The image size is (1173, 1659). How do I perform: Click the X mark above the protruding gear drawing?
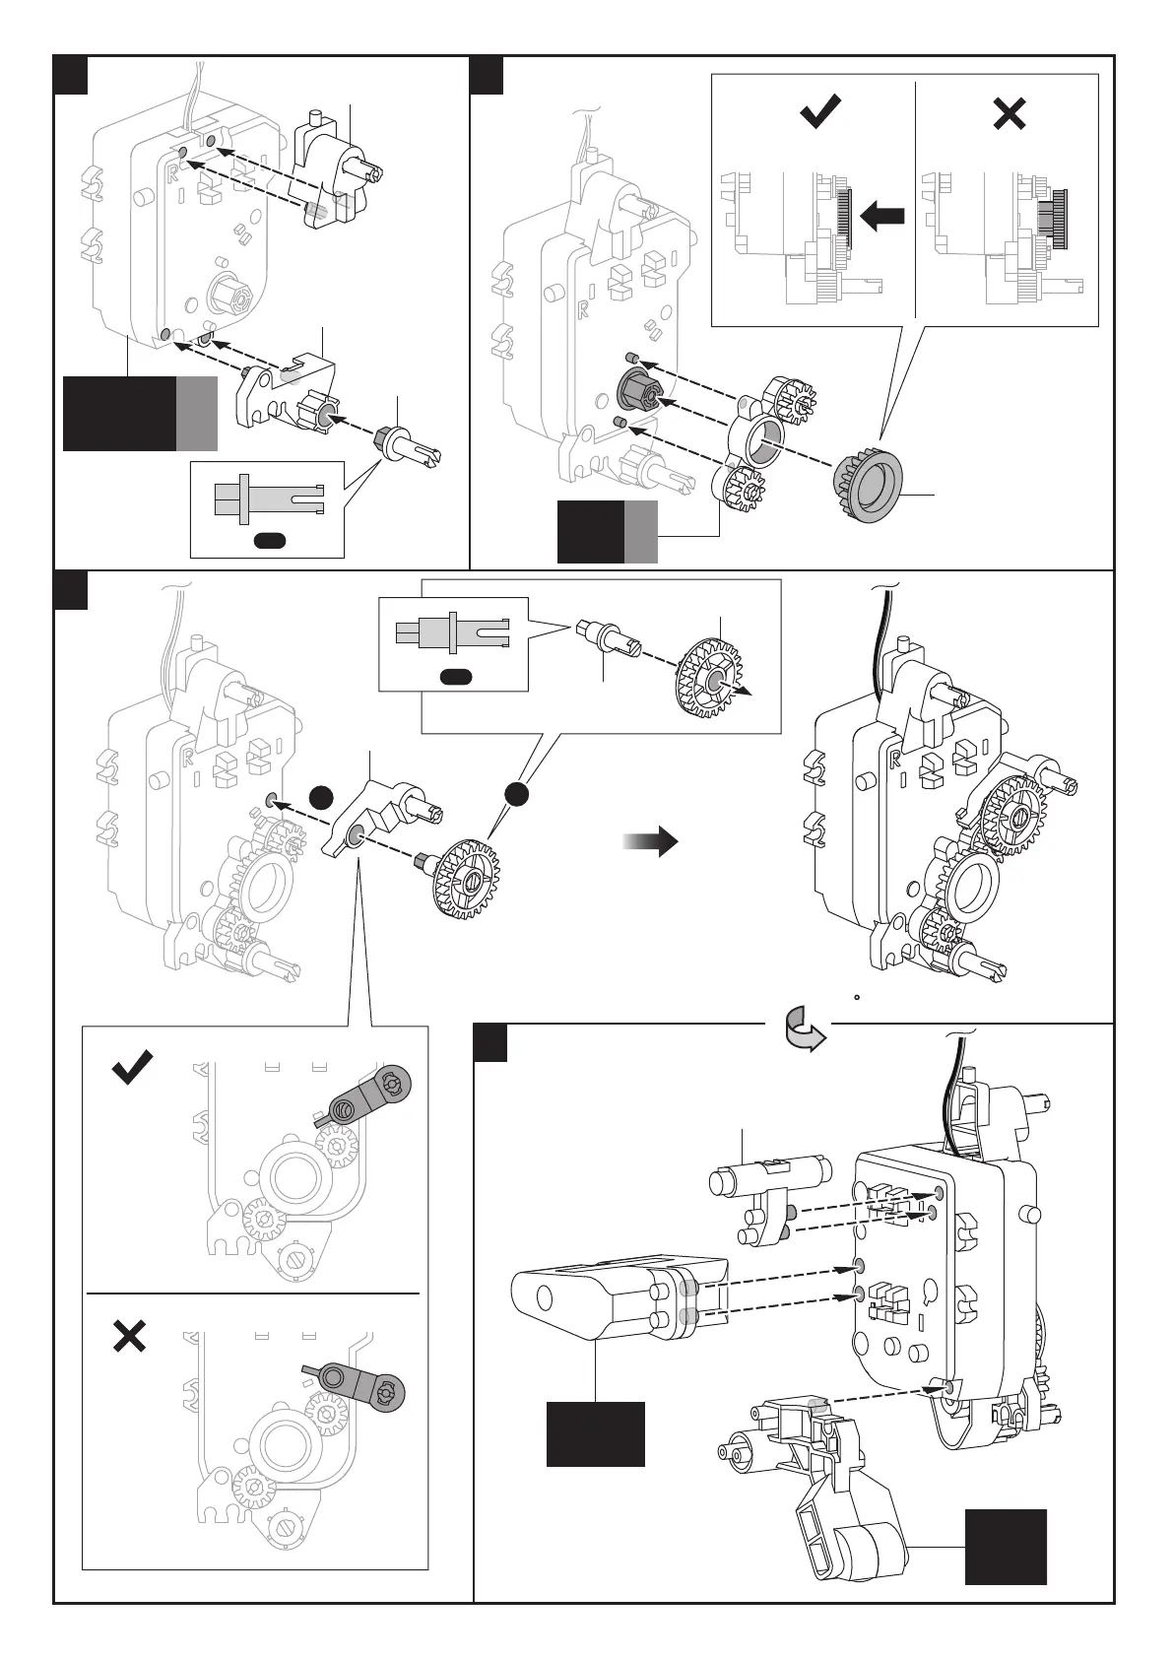pyautogui.click(x=1010, y=114)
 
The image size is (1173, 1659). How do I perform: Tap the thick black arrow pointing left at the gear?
pyautogui.click(x=881, y=216)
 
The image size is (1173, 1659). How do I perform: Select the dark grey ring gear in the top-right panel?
pyautogui.click(x=866, y=487)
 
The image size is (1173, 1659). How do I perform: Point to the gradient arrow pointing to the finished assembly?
pyautogui.click(x=651, y=841)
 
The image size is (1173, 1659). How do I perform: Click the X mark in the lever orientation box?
pyautogui.click(x=130, y=1337)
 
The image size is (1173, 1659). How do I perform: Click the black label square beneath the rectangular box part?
pyautogui.click(x=596, y=1433)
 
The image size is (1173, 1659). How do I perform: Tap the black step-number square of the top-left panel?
pyautogui.click(x=71, y=75)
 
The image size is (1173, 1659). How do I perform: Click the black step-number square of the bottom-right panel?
pyautogui.click(x=490, y=1043)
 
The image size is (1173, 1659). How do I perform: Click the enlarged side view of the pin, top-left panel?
pyautogui.click(x=267, y=496)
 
